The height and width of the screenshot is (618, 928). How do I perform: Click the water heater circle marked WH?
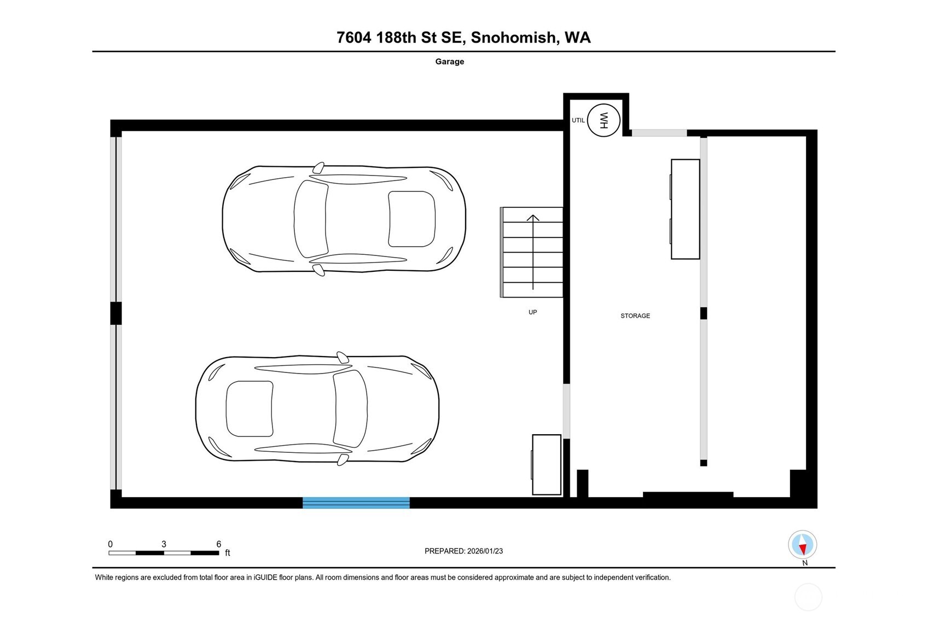[x=604, y=120]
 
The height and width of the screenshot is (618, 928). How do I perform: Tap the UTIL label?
[x=578, y=120]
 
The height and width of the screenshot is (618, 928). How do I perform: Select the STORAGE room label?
[x=635, y=316]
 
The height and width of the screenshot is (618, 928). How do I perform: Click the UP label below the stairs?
[x=533, y=312]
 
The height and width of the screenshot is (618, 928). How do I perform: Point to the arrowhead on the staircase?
[x=533, y=218]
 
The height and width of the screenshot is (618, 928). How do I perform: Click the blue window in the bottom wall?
[x=356, y=503]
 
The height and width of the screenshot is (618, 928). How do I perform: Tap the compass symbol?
[x=803, y=545]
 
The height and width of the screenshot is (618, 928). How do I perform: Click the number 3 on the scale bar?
[x=164, y=544]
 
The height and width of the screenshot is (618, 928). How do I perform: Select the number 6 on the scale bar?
[x=219, y=544]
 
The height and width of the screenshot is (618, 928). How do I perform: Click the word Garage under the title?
[x=450, y=61]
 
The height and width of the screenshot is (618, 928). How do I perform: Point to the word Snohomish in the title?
[x=513, y=37]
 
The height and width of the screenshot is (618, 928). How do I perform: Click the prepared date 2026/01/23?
[x=485, y=551]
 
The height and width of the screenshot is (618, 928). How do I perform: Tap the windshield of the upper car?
[x=311, y=219]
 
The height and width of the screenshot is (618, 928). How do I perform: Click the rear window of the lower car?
[x=250, y=409]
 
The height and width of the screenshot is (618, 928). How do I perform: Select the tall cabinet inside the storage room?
[x=685, y=209]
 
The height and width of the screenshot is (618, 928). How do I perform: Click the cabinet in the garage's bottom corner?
[x=547, y=464]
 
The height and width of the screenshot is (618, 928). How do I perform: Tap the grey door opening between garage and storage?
[x=566, y=411]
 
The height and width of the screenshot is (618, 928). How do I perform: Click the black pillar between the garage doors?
[x=116, y=313]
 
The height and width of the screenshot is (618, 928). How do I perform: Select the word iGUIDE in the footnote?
[x=265, y=578]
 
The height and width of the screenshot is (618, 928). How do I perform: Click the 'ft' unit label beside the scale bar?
[x=228, y=552]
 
